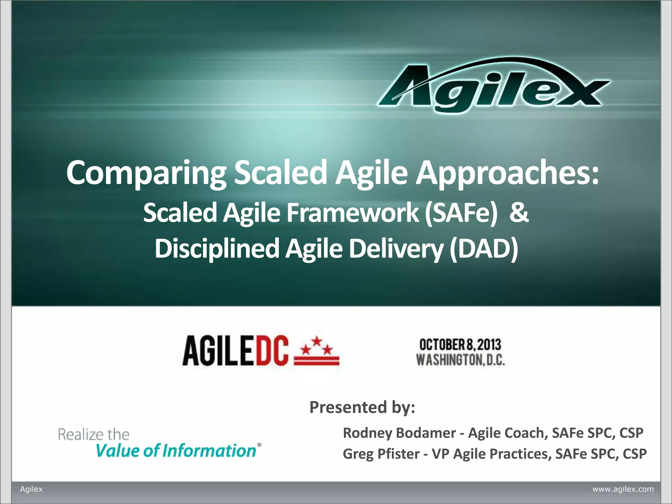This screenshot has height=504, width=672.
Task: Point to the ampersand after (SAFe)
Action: (519, 213)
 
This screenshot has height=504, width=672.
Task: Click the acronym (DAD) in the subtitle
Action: (484, 249)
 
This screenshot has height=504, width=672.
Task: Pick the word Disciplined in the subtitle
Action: (217, 249)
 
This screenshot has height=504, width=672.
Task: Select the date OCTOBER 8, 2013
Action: (460, 345)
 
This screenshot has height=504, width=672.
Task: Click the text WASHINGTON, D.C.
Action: (460, 360)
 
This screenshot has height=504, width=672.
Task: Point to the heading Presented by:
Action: (362, 407)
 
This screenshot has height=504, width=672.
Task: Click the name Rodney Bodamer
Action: (399, 433)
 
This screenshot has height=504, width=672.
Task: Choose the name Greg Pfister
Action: (381, 454)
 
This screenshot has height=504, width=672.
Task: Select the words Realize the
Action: (94, 434)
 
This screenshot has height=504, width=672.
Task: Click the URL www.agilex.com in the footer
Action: (623, 489)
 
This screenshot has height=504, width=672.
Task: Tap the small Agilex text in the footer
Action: (31, 489)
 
